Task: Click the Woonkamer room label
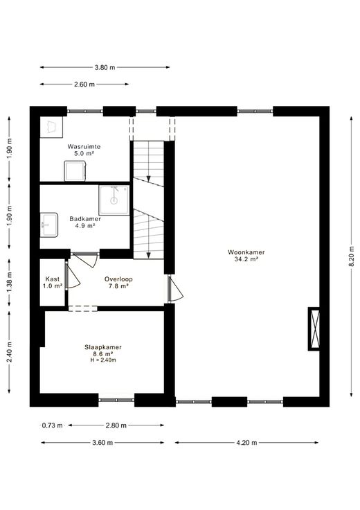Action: [246, 252]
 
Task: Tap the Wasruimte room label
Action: [84, 147]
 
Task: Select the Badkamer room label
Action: [85, 219]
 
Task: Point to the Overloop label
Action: [118, 279]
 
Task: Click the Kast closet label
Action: [53, 279]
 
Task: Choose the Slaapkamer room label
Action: [103, 347]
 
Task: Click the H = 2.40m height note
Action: [103, 360]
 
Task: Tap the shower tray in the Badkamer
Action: [114, 200]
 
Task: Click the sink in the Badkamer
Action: [49, 225]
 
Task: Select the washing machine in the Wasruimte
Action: [75, 170]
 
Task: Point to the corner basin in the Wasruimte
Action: [51, 127]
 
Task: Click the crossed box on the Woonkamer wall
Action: [314, 329]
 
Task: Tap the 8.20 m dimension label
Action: [351, 256]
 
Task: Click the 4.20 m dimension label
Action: [246, 442]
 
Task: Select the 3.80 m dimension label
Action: [105, 68]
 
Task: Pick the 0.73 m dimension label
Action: [53, 425]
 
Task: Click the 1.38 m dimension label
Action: [10, 282]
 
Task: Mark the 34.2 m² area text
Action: [246, 259]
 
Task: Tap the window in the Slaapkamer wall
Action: [116, 400]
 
